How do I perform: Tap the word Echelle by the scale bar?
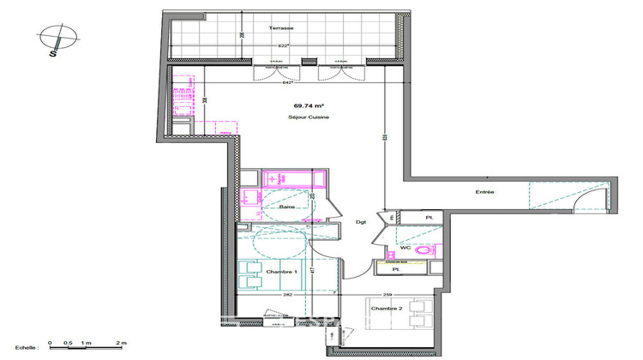point(25,348)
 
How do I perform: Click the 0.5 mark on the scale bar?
point(68,343)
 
